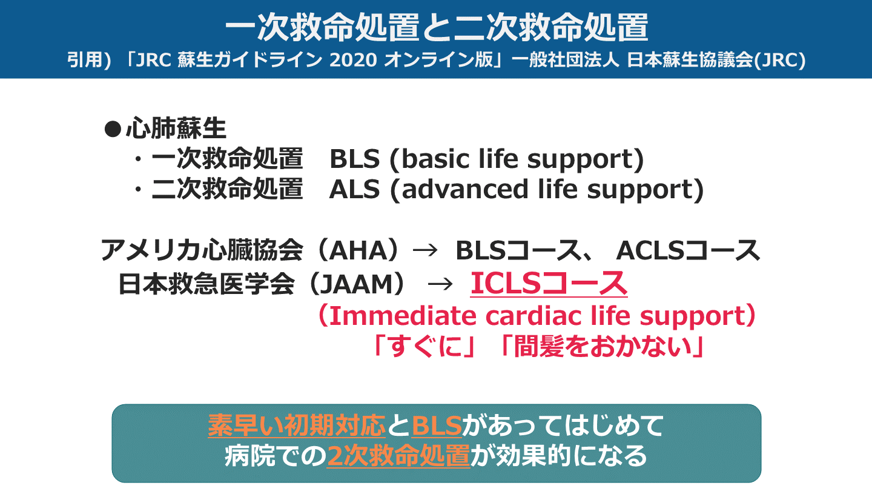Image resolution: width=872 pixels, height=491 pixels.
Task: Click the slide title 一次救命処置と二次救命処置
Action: point(436,27)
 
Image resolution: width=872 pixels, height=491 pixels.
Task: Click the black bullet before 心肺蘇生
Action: point(113,129)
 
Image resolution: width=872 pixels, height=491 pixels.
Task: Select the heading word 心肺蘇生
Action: point(176,129)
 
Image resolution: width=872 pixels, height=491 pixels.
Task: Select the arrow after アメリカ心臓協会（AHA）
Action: point(424,250)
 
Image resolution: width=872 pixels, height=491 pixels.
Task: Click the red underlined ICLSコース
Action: point(549,284)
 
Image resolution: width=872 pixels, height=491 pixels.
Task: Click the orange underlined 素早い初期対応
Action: point(297,426)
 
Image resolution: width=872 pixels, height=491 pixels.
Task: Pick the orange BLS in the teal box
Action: point(436,426)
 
